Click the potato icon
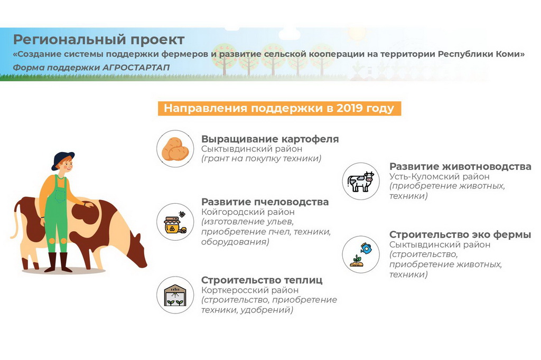pos(175,149)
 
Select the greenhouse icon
pos(175,295)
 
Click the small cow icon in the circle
pos(361,182)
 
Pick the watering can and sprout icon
pos(361,254)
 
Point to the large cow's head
pos(136,251)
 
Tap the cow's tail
pos(14,221)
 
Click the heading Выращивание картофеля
pos(270,139)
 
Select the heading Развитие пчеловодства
pos(265,202)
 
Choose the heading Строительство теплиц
pos(262,280)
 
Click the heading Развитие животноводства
pos(460,166)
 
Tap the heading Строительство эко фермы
pos(460,234)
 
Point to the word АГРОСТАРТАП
pos(136,67)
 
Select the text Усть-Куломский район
pos(439,176)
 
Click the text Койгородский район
pos(248,212)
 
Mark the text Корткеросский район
pos(250,290)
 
